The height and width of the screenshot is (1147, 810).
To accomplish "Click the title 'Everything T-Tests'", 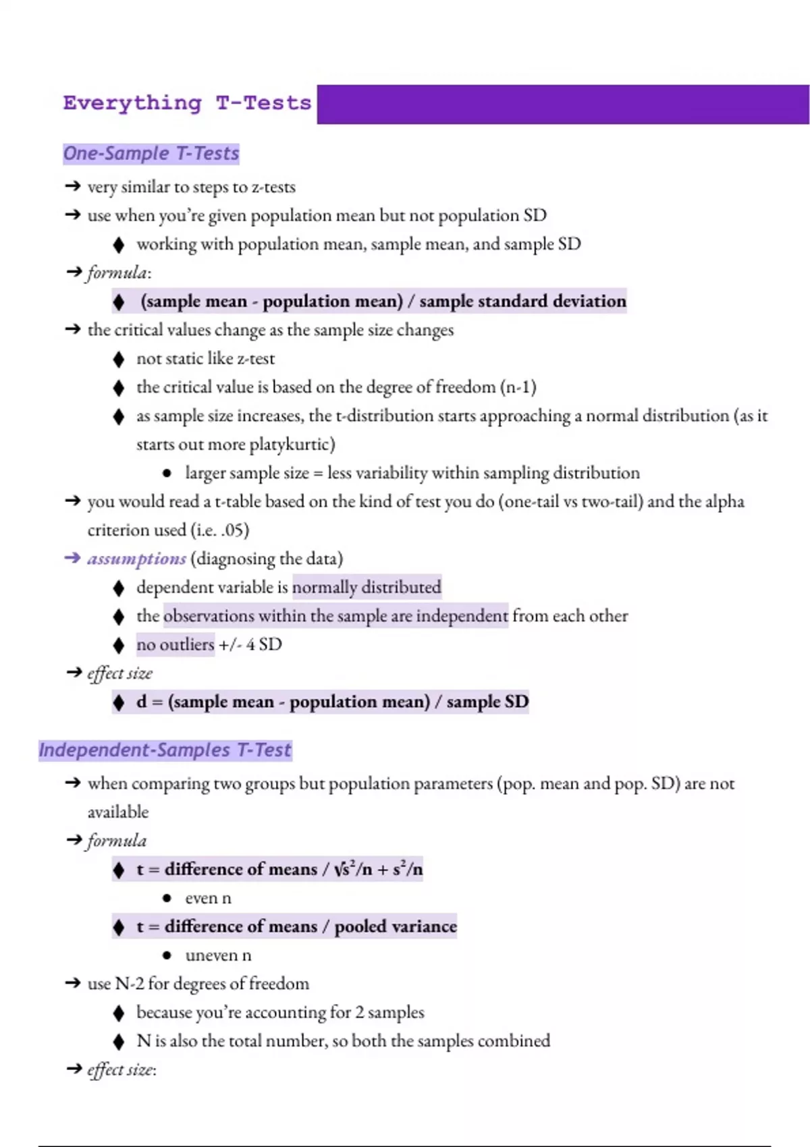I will (187, 103).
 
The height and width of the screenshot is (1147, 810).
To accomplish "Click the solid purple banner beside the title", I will (562, 105).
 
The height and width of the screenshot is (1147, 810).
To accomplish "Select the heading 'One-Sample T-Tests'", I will (151, 154).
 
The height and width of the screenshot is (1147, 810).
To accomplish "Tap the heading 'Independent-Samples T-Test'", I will (165, 750).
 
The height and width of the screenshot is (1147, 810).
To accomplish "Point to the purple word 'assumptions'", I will (136, 559).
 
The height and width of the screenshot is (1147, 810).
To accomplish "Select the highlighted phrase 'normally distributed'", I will (367, 588).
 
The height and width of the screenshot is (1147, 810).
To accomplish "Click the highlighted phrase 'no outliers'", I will (175, 644).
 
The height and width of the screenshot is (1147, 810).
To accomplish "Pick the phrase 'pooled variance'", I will (396, 926).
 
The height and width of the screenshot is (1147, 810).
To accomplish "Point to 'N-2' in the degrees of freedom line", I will (130, 984).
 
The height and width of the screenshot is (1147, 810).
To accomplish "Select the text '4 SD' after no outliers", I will (264, 644).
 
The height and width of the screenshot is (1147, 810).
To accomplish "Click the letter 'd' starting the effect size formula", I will (141, 702).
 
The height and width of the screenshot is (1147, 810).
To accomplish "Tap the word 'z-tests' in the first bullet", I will (273, 187).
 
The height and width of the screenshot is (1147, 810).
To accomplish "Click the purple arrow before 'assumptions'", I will (72, 558).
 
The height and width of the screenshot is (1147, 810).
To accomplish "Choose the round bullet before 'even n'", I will (167, 898).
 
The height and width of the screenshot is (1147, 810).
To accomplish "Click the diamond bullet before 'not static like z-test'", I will (119, 359).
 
